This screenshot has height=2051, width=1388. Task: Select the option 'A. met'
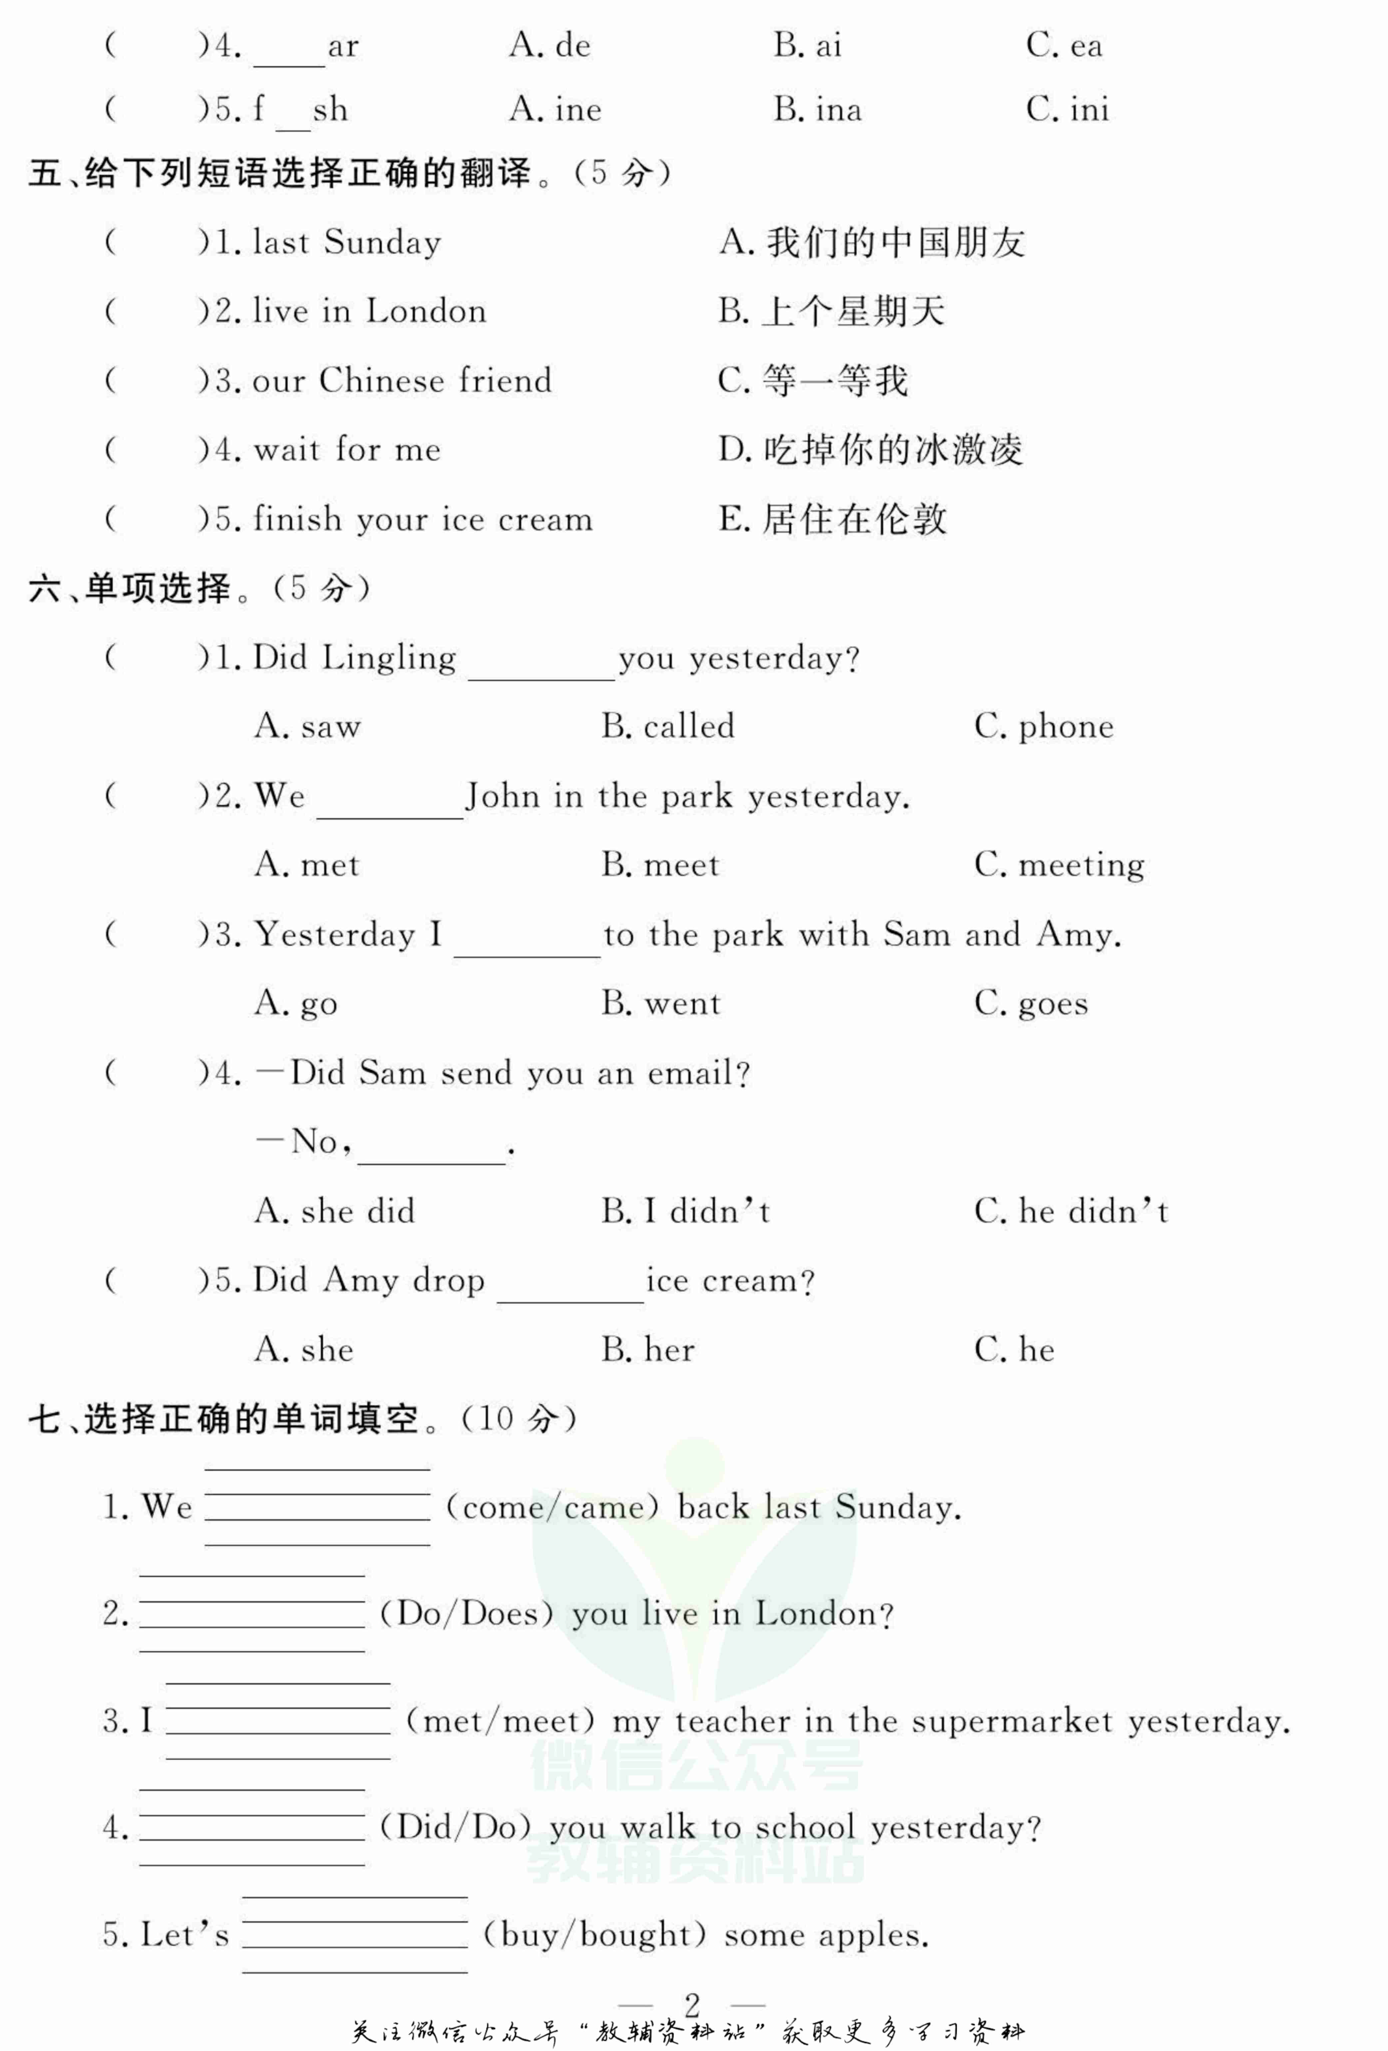tap(306, 865)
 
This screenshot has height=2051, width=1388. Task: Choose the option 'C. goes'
tap(1031, 1003)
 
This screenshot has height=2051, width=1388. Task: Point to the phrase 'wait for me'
tap(347, 450)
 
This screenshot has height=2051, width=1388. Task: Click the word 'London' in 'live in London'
tap(426, 312)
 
